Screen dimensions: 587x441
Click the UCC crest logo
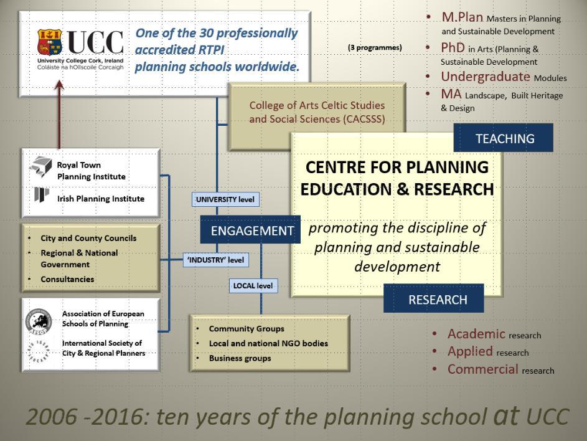(49, 42)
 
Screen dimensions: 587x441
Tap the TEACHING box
(503, 138)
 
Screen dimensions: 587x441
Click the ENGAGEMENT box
(250, 230)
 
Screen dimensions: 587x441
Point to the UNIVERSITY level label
(225, 199)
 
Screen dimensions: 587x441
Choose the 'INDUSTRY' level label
(216, 260)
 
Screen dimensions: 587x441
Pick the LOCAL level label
(253, 285)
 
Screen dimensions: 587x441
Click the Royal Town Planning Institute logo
(41, 167)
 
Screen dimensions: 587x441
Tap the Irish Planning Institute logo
(41, 194)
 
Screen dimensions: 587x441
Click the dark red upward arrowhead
(59, 85)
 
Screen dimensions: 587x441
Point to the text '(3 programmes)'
(375, 47)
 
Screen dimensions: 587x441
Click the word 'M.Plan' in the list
(463, 17)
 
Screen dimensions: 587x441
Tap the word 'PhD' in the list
(453, 47)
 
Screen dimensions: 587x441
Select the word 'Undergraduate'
(486, 77)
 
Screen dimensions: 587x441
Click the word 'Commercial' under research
(483, 369)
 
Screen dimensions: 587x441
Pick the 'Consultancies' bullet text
(67, 279)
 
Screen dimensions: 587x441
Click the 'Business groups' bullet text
(240, 358)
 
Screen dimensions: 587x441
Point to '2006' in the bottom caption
(51, 417)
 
